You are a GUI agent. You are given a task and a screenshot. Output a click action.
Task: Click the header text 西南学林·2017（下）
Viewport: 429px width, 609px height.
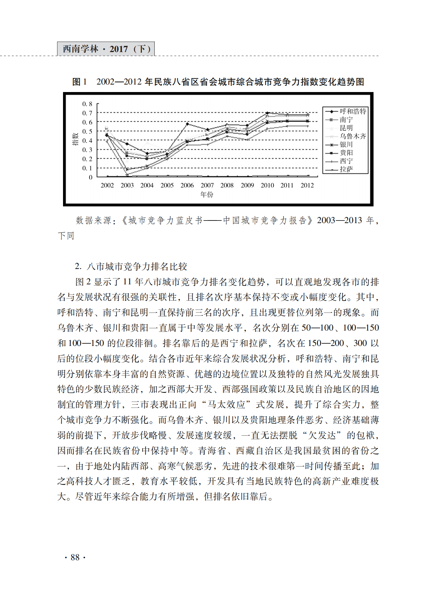click(106, 49)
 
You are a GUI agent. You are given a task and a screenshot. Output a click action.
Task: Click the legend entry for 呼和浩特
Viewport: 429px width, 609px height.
click(353, 111)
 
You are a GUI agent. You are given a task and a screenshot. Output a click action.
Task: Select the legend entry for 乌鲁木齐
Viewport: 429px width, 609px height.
click(353, 136)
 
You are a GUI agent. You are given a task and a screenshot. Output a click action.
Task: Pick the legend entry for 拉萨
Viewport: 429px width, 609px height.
click(346, 169)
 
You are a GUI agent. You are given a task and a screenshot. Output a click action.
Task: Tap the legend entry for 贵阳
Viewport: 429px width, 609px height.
click(346, 153)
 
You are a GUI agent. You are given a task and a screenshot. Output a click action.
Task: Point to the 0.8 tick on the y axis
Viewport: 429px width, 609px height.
click(87, 104)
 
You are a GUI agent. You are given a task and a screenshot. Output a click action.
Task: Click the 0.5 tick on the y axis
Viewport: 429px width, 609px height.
click(87, 132)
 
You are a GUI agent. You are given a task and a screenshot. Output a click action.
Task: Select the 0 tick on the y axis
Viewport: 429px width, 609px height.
click(91, 178)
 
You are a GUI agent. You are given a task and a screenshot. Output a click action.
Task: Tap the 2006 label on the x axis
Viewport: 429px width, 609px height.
click(187, 185)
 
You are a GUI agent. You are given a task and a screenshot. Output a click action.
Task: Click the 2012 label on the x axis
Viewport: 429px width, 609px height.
click(307, 185)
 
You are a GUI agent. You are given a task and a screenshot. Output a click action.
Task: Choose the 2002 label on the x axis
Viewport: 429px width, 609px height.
click(107, 185)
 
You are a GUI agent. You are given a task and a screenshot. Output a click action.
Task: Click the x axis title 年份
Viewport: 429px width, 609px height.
click(207, 195)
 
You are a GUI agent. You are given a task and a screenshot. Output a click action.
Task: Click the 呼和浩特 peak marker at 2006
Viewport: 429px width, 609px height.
click(187, 124)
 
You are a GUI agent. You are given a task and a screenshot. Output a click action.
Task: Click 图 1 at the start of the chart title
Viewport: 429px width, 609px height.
click(79, 82)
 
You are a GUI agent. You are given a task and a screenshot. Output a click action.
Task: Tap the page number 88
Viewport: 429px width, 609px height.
click(75, 557)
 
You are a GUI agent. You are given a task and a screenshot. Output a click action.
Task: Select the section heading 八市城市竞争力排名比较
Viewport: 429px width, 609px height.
click(137, 267)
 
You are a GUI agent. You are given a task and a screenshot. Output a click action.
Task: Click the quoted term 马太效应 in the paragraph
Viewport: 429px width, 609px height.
click(226, 405)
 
